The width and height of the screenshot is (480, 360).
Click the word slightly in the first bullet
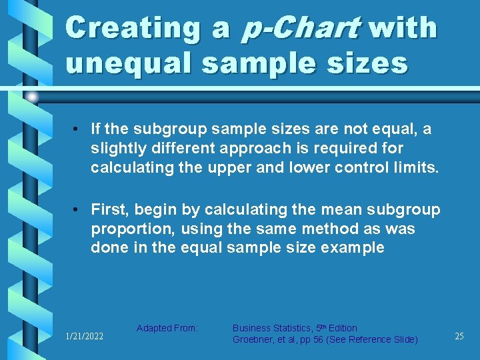115,148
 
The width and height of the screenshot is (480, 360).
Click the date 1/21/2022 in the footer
84,337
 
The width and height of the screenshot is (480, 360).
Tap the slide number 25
459,337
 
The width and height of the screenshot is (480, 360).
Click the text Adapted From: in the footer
167,328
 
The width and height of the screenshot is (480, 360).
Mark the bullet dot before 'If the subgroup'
79,129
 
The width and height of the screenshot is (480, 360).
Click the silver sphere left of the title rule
31,97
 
